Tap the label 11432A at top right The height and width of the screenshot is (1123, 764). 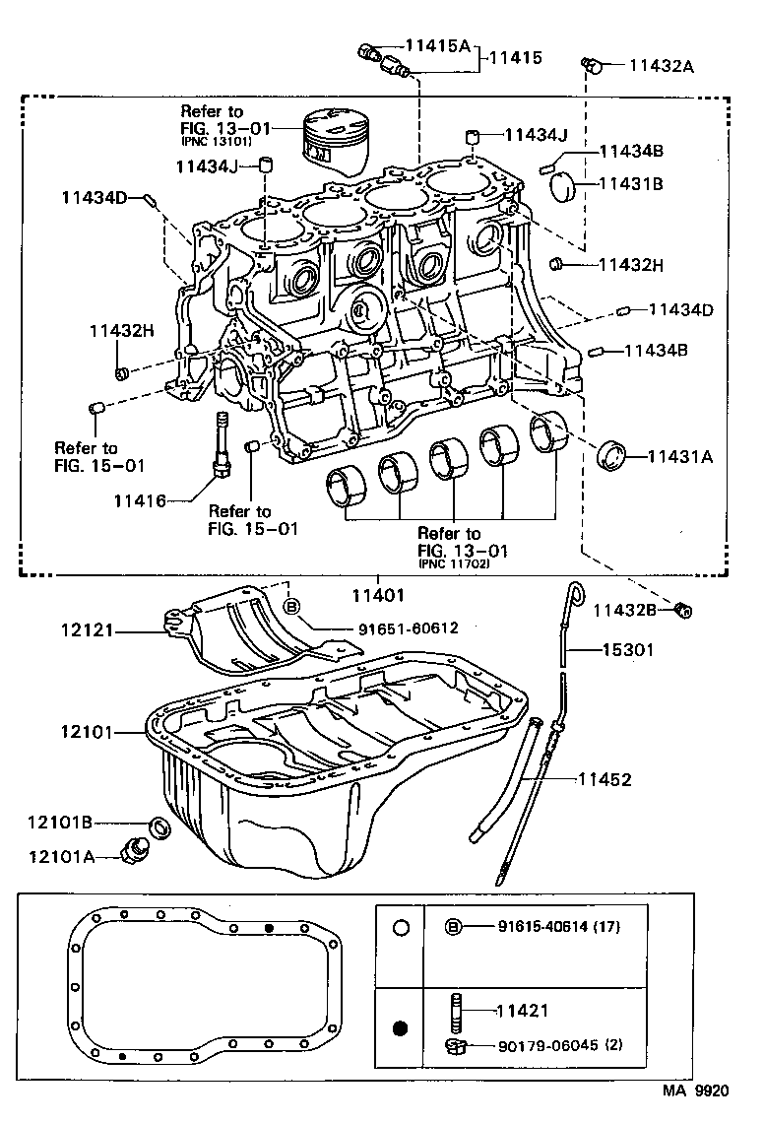pyautogui.click(x=661, y=66)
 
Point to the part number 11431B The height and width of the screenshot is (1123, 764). pyautogui.click(x=631, y=183)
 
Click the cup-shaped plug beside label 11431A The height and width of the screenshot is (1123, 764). pyautogui.click(x=615, y=455)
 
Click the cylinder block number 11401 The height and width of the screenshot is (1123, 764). pyautogui.click(x=379, y=595)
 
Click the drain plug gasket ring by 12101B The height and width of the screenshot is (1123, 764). pyautogui.click(x=158, y=825)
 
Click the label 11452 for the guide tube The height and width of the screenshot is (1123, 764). pyautogui.click(x=605, y=779)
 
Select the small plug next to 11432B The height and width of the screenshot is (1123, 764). pyautogui.click(x=685, y=611)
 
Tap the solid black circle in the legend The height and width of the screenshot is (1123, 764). pyautogui.click(x=400, y=1030)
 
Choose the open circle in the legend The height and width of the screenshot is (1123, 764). pyautogui.click(x=400, y=927)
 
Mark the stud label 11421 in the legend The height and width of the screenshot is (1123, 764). pyautogui.click(x=522, y=1010)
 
